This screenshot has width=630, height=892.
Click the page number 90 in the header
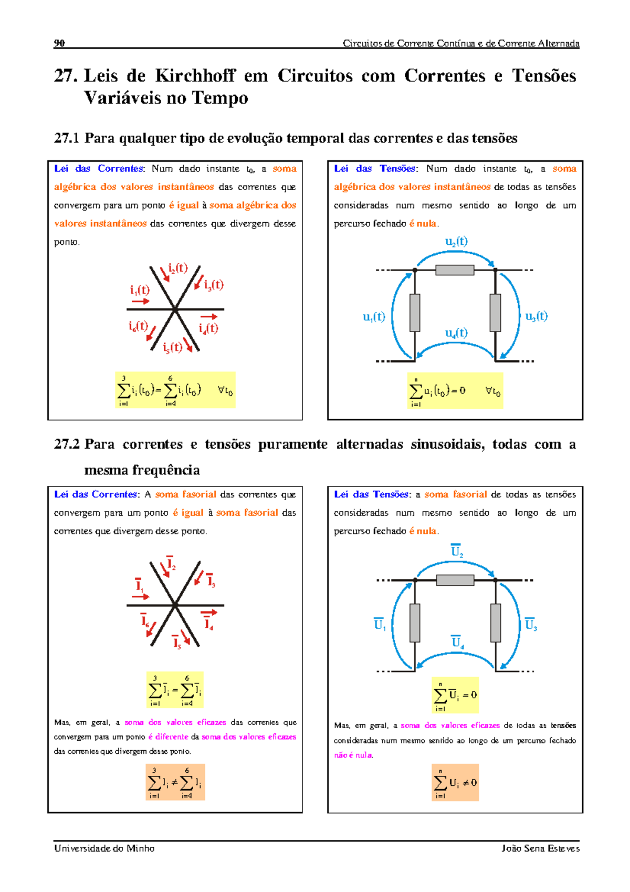(x=59, y=43)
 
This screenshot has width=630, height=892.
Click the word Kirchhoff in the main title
(x=195, y=76)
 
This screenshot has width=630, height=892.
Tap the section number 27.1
(x=66, y=138)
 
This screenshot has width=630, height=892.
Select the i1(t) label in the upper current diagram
(x=140, y=290)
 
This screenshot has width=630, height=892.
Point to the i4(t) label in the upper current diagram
(x=208, y=328)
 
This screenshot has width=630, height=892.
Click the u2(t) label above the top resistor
(x=456, y=242)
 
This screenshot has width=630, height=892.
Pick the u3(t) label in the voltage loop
(x=536, y=316)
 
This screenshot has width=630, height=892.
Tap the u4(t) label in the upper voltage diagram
(x=456, y=333)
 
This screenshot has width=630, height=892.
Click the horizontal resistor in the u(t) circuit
(x=455, y=270)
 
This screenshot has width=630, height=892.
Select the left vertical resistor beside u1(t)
(x=415, y=313)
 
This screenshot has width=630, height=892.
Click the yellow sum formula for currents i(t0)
(x=175, y=390)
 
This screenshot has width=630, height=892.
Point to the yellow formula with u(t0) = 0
(x=455, y=391)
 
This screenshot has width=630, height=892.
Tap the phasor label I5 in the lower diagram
(x=177, y=642)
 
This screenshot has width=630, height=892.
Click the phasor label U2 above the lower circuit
(x=457, y=551)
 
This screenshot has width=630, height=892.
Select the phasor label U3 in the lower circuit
(x=531, y=624)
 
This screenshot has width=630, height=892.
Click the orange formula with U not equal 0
(x=455, y=782)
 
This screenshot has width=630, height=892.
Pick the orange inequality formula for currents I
(x=175, y=782)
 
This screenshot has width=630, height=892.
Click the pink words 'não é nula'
(x=353, y=755)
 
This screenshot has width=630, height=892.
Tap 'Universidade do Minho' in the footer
(x=104, y=848)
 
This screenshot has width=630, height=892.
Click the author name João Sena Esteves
(x=540, y=848)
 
